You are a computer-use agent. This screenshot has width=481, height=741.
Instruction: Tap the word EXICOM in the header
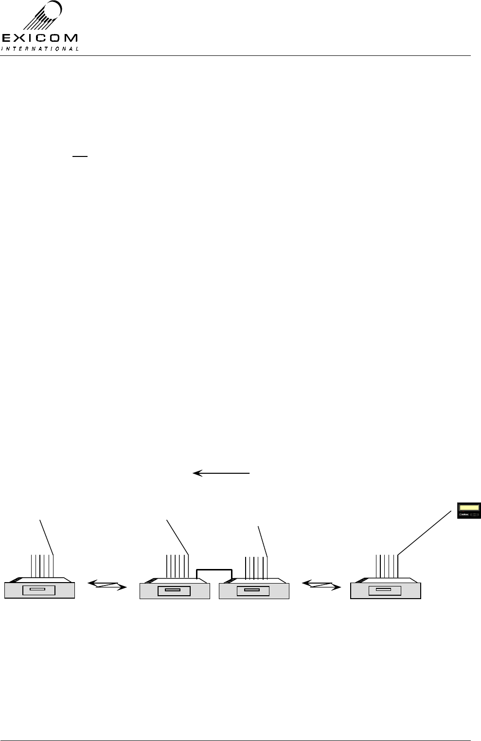[39, 38]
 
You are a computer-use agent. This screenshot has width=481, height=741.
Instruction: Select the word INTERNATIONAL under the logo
[40, 48]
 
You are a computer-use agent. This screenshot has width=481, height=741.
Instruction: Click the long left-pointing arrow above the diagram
[222, 472]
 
